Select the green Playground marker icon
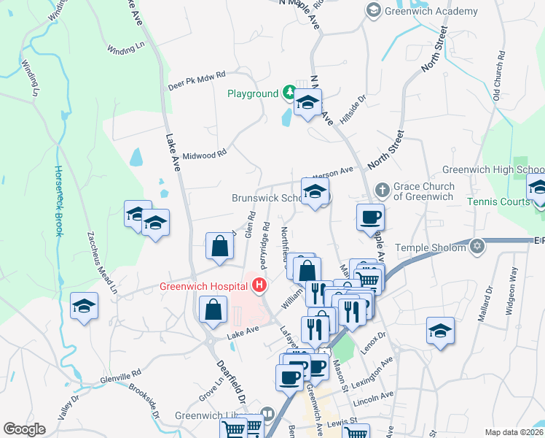pos(289,93)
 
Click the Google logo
pos(24,429)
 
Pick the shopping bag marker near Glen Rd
pos(219,247)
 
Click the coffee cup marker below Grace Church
pos(370,217)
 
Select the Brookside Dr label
pos(144,401)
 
